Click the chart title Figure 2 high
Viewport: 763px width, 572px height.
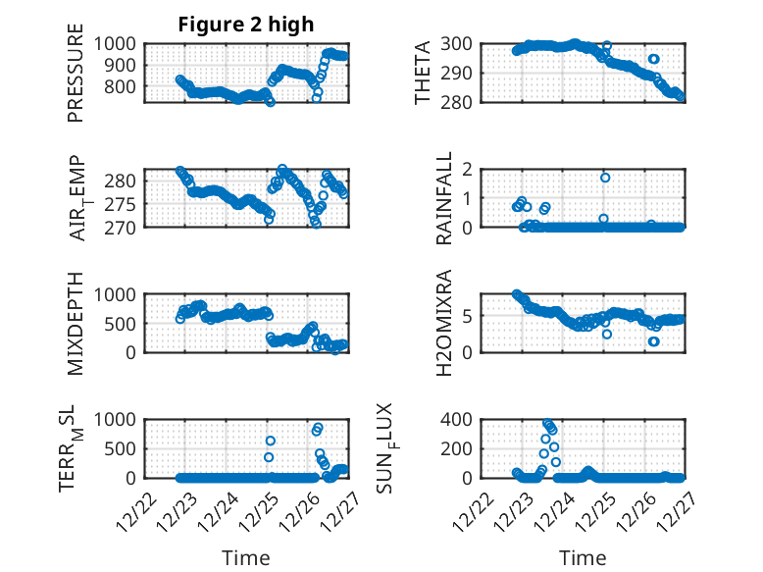tap(246, 25)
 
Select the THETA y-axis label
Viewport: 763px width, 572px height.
tap(423, 73)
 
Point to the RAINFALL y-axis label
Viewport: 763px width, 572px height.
tap(444, 197)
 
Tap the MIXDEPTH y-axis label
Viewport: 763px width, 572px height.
tap(76, 323)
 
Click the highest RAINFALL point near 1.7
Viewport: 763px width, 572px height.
tap(605, 178)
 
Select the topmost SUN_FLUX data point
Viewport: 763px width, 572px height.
tap(548, 424)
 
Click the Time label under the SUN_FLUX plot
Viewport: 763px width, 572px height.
tap(583, 558)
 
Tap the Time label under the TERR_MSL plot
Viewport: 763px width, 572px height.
tap(246, 558)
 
